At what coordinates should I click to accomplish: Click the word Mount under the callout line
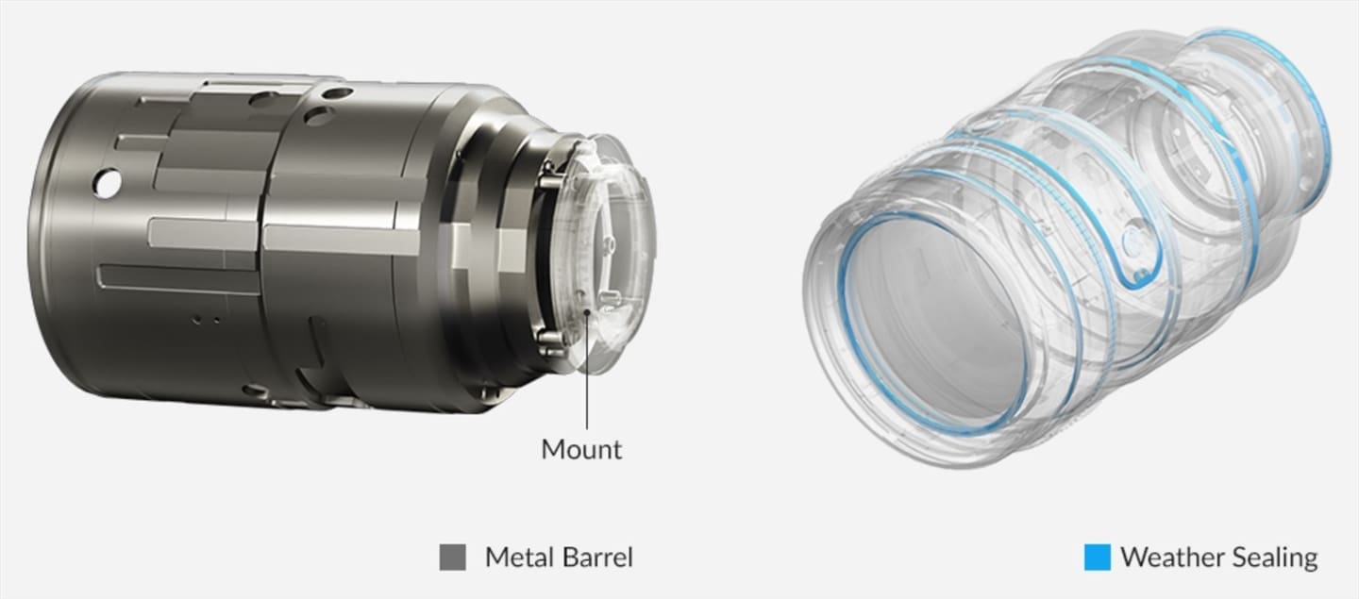coord(581,450)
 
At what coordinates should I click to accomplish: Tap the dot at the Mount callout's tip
coord(587,313)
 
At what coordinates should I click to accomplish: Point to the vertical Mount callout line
coord(587,371)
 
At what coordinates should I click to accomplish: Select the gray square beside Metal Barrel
coord(453,557)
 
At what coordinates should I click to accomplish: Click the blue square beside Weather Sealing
coord(1098,557)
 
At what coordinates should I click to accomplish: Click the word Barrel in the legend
coord(597,557)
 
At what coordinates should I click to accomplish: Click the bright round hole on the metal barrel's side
coord(107,183)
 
